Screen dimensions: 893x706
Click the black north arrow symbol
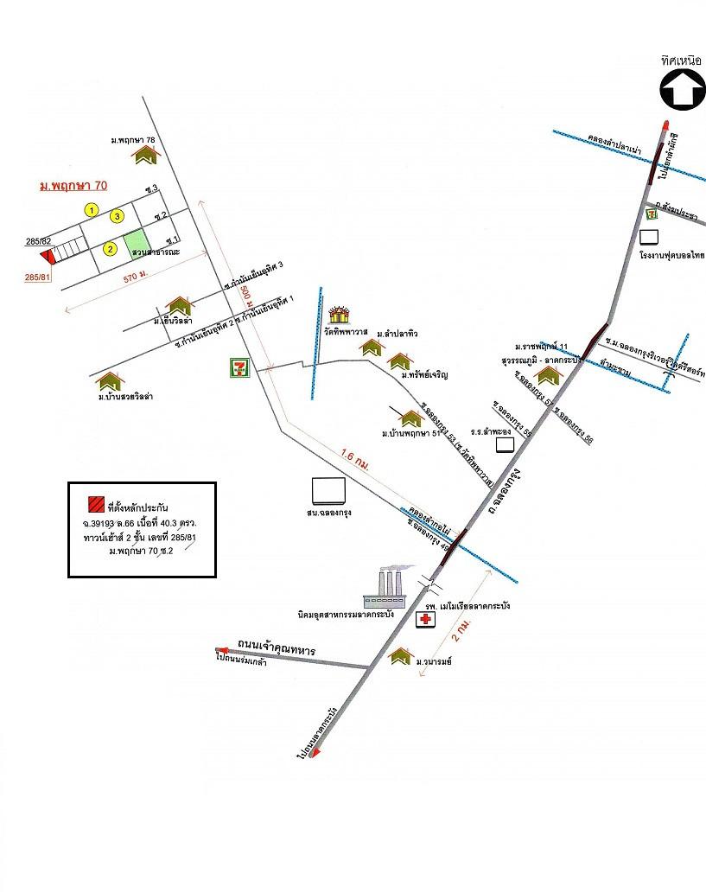point(682,91)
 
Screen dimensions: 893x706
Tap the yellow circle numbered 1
point(91,209)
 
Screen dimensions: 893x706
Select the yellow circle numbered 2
point(110,249)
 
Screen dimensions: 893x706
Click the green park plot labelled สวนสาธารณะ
point(137,245)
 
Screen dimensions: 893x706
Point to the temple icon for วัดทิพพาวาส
point(340,315)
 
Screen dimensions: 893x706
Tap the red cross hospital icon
point(425,620)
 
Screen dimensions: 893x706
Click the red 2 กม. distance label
point(461,637)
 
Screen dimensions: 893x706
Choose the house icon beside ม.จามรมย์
point(400,657)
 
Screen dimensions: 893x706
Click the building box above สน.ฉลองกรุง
point(329,491)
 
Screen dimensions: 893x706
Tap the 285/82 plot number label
point(39,241)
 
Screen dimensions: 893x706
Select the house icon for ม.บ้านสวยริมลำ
point(110,381)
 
